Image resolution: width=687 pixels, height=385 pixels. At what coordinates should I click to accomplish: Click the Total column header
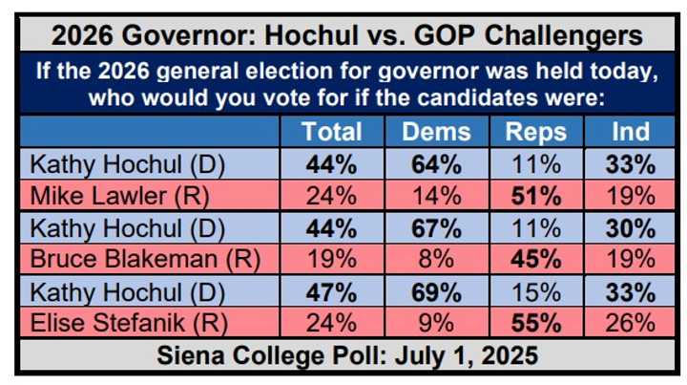click(332, 132)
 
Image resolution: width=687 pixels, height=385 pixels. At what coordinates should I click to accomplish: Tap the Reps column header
click(536, 132)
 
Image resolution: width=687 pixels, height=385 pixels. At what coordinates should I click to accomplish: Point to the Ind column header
click(631, 132)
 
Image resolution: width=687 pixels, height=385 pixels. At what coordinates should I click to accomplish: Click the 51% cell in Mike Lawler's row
click(536, 196)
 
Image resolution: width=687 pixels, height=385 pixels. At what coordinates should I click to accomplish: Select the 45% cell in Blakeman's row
click(536, 259)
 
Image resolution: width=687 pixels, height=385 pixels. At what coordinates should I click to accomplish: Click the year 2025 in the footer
click(507, 355)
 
